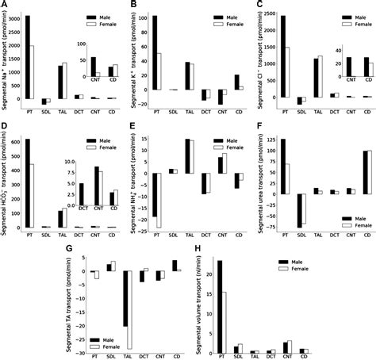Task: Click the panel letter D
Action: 5,126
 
